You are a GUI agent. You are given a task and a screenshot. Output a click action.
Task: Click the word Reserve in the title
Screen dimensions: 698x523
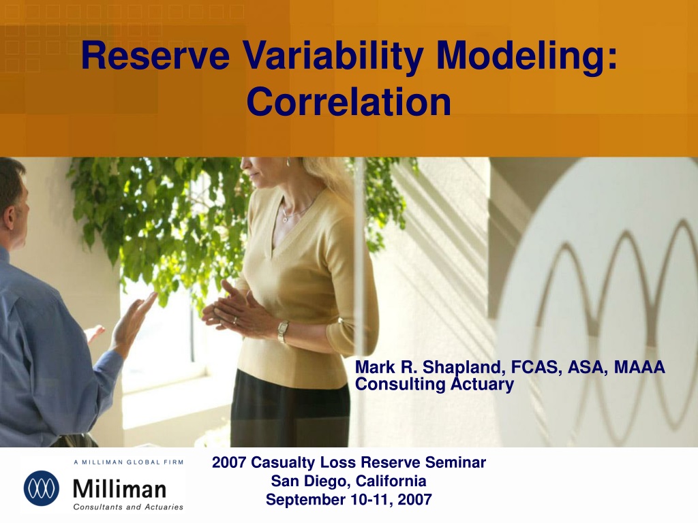[x=155, y=55]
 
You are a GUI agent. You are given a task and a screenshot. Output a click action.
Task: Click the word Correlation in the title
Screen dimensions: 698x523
[x=348, y=101]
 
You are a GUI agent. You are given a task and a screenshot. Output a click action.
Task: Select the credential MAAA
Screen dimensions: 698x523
[x=639, y=367]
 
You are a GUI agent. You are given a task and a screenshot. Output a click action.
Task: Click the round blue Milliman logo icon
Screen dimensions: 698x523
[x=42, y=488]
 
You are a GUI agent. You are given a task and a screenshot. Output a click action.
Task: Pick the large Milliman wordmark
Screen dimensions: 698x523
[x=119, y=489]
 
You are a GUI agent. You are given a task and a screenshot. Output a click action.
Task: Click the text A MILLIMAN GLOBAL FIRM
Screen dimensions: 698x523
[x=129, y=462]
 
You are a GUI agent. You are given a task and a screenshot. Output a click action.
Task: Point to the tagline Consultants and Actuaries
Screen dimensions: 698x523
[x=128, y=507]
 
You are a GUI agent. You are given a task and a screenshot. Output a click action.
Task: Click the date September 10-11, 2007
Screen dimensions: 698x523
[x=348, y=499]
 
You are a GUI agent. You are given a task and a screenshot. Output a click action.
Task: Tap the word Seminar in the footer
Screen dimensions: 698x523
[x=455, y=462]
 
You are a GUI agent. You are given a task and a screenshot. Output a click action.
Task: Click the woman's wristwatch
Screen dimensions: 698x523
[x=283, y=332]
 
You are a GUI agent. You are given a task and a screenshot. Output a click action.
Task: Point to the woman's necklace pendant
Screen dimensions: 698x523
[x=284, y=219]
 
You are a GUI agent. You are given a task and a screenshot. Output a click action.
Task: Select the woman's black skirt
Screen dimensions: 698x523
[x=289, y=410]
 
